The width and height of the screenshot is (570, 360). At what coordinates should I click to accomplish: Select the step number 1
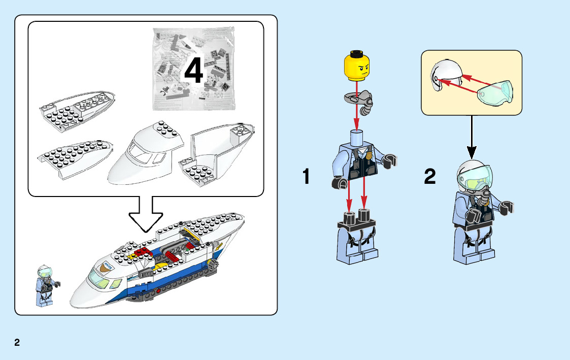coord(307,176)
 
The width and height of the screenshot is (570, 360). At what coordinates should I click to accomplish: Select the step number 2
coord(430,176)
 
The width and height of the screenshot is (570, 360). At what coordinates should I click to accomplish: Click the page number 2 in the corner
coord(17,342)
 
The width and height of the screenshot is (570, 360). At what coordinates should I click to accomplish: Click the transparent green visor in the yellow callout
coord(495,93)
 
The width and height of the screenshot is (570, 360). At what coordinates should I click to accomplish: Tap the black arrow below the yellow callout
coord(472,138)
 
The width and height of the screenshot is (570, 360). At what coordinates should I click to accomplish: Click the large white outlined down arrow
coord(146,214)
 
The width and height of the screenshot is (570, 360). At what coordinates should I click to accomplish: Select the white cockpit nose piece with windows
coord(145,153)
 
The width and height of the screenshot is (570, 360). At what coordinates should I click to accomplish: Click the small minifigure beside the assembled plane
coord(47,285)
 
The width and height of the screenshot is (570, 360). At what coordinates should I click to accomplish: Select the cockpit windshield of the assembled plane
coord(97,278)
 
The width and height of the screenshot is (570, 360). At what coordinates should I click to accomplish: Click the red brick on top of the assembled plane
coord(142,252)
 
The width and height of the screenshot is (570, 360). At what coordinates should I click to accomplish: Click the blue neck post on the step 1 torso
coord(357,138)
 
